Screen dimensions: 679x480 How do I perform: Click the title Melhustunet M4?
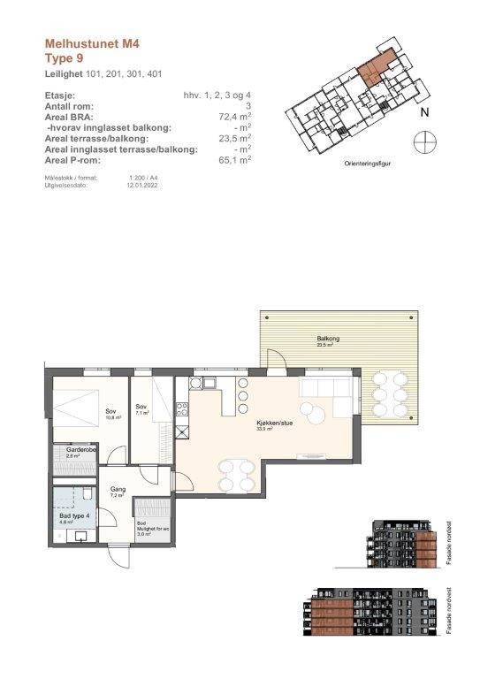pyautogui.click(x=92, y=42)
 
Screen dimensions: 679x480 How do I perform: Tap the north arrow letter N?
pyautogui.click(x=423, y=112)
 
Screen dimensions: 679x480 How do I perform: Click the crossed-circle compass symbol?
pyautogui.click(x=425, y=141)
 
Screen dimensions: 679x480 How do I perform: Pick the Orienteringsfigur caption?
pyautogui.click(x=369, y=164)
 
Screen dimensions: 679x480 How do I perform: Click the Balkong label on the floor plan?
pyautogui.click(x=329, y=339)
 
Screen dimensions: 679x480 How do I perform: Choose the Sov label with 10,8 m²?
pyautogui.click(x=111, y=413)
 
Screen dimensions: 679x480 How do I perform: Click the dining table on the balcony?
pyautogui.click(x=390, y=393)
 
